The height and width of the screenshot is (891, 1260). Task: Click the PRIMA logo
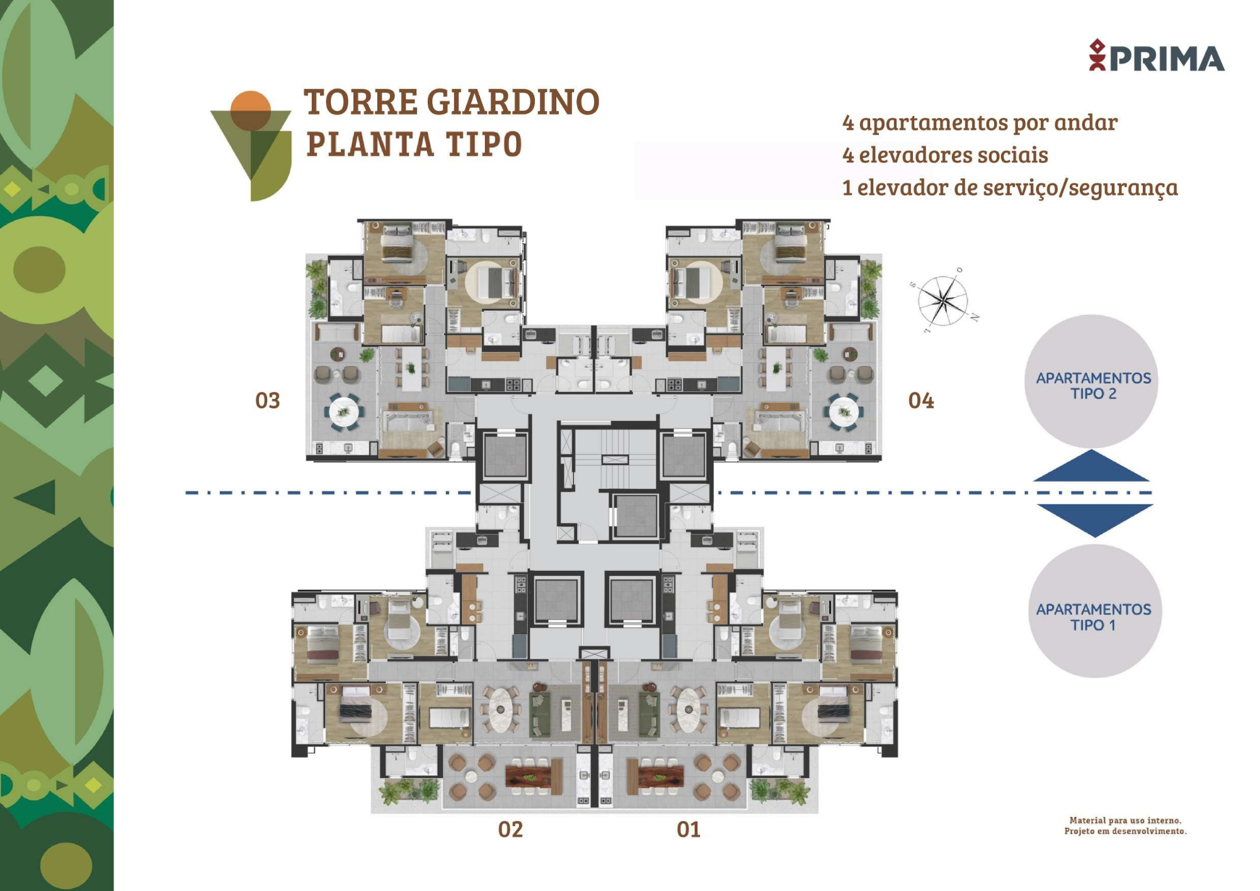click(1157, 55)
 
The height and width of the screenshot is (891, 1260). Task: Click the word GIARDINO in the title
click(513, 102)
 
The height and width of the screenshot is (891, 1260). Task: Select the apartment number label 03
click(267, 401)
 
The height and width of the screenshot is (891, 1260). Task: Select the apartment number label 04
click(921, 401)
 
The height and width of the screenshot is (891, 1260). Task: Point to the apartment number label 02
click(510, 829)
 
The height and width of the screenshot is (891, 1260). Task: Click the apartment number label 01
click(689, 829)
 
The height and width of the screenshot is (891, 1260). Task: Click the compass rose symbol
click(942, 301)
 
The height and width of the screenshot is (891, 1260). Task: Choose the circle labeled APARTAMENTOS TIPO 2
click(1092, 381)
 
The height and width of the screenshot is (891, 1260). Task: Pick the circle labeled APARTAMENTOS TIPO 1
click(1095, 611)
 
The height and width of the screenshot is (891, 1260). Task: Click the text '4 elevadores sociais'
click(945, 155)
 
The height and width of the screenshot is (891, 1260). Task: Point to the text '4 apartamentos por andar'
click(980, 123)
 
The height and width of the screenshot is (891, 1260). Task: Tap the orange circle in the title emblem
click(250, 111)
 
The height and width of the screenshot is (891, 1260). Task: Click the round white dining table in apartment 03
click(343, 412)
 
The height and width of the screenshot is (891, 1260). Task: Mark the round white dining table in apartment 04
click(844, 412)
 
